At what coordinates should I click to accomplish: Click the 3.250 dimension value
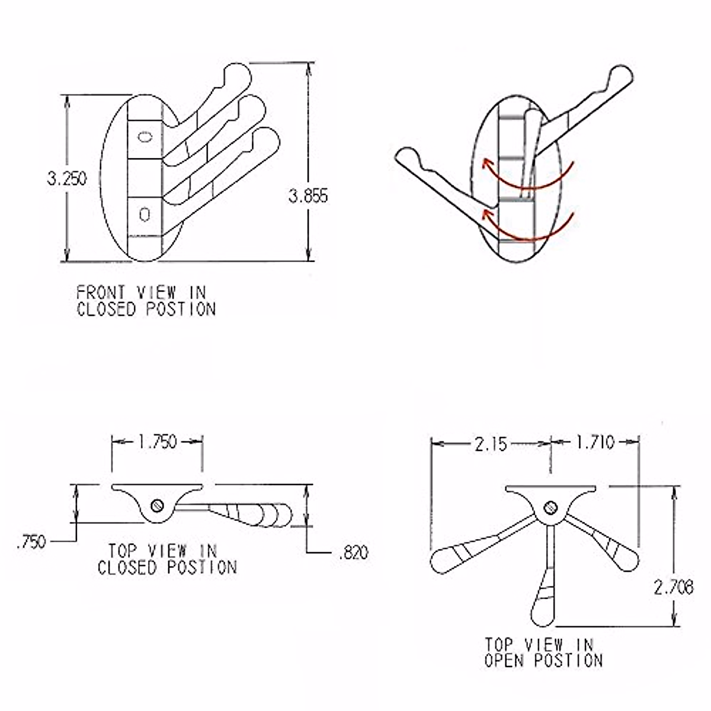[x=67, y=178]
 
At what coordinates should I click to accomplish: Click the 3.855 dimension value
[x=308, y=196]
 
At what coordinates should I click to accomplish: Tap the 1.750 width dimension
[x=158, y=442]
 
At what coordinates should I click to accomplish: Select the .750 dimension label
[x=31, y=542]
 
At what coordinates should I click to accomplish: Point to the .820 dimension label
[x=354, y=553]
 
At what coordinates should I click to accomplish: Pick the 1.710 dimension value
[x=595, y=442]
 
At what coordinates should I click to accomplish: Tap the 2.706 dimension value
[x=674, y=587]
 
